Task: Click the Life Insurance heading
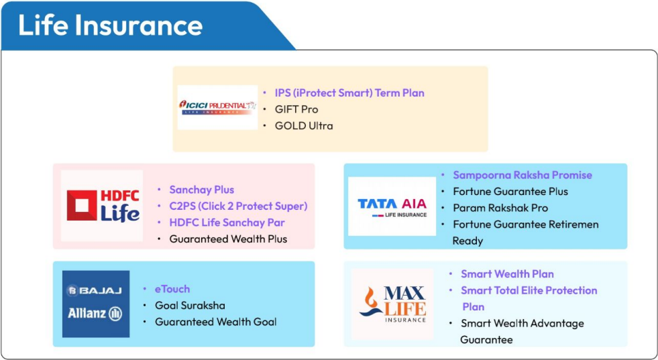[x=111, y=25]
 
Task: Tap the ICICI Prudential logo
[x=217, y=107]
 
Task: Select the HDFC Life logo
[x=102, y=206]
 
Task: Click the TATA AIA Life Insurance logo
[x=392, y=206]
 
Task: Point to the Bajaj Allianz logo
[x=96, y=304]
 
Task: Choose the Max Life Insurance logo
[x=392, y=304]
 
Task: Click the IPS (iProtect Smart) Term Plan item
[x=349, y=93]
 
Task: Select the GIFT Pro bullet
[x=296, y=109]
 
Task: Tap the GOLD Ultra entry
[x=304, y=125]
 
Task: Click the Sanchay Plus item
[x=202, y=190]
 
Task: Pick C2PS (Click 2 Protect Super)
[x=238, y=206]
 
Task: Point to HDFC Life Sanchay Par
[x=227, y=223]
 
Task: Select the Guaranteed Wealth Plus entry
[x=228, y=239]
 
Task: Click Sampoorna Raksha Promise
[x=523, y=175]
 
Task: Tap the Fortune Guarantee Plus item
[x=510, y=191]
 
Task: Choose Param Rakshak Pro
[x=500, y=208]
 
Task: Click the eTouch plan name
[x=172, y=289]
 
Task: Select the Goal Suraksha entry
[x=190, y=305]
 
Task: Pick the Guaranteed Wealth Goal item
[x=216, y=322]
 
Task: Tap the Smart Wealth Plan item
[x=507, y=274]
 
